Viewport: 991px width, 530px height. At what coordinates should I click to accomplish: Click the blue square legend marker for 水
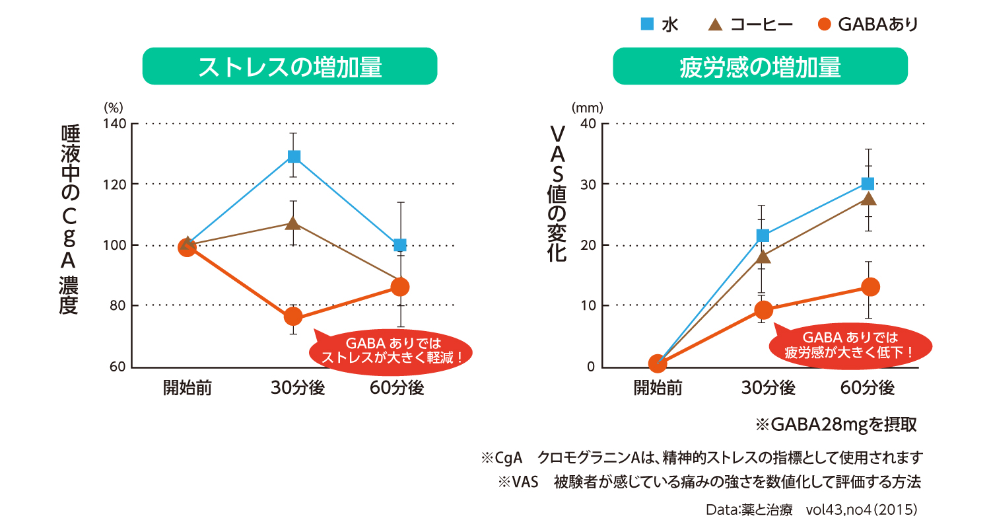pyautogui.click(x=648, y=24)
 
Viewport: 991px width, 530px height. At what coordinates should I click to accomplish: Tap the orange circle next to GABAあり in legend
pyautogui.click(x=823, y=25)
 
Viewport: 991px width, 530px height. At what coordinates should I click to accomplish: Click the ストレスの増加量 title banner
pyautogui.click(x=290, y=66)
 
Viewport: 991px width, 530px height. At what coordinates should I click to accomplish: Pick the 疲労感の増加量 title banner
pyautogui.click(x=760, y=66)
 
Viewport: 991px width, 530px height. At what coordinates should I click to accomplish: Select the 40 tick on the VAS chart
pyautogui.click(x=588, y=124)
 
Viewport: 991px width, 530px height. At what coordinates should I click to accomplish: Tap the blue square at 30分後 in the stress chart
pyautogui.click(x=294, y=157)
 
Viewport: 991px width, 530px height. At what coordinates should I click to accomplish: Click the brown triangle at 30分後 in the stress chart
pyautogui.click(x=294, y=223)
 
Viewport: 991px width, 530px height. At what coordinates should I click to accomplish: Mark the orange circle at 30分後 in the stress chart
pyautogui.click(x=293, y=317)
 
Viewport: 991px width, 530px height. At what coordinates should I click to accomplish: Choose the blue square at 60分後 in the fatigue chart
pyautogui.click(x=868, y=183)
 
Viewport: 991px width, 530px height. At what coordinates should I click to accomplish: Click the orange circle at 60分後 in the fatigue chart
pyautogui.click(x=870, y=287)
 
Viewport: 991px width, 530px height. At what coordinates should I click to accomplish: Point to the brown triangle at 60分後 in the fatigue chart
pyautogui.click(x=870, y=199)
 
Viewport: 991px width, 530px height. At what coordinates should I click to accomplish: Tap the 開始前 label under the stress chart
pyautogui.click(x=187, y=388)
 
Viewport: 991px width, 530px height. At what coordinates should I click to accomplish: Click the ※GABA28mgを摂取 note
pyautogui.click(x=837, y=424)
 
